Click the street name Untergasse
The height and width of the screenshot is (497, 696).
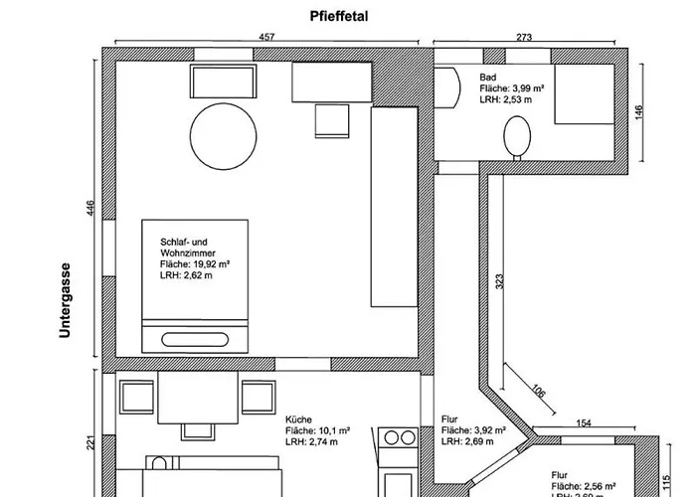click(66, 300)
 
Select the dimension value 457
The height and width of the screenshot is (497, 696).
click(266, 37)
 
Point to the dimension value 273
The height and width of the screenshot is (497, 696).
click(524, 37)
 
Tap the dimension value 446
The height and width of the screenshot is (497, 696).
click(91, 208)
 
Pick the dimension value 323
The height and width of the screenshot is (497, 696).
click(498, 281)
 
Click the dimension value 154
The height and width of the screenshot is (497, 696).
click(584, 424)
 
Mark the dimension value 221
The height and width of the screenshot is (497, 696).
click(91, 442)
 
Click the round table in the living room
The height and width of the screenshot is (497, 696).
click(223, 137)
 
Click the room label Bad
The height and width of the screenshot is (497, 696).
click(487, 77)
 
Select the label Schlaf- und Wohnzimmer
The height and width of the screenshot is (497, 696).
click(184, 248)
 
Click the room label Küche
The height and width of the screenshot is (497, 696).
click(298, 419)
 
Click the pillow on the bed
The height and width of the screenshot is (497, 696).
click(194, 336)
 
